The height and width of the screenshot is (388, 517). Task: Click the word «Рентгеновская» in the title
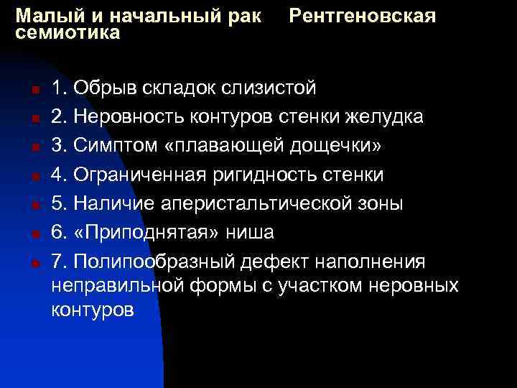pyautogui.click(x=363, y=15)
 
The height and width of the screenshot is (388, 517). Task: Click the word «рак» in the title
pyautogui.click(x=244, y=15)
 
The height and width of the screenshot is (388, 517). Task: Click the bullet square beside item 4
pyautogui.click(x=34, y=177)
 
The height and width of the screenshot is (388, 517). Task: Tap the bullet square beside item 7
pyautogui.click(x=34, y=263)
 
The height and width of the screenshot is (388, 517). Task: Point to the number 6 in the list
pyautogui.click(x=58, y=233)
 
